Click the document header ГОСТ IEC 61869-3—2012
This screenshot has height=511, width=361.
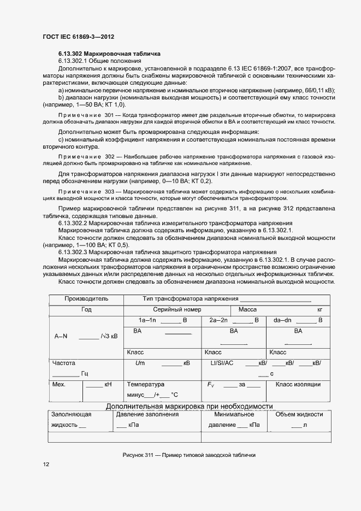(78, 37)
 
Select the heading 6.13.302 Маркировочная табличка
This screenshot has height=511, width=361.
(109, 54)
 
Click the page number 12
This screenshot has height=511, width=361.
(46, 464)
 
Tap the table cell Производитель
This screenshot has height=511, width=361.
(86, 299)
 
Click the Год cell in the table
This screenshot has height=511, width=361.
(86, 309)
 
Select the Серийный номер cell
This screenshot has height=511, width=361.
(176, 309)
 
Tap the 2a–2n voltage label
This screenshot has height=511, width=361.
(218, 320)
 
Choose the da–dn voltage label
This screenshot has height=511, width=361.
(283, 320)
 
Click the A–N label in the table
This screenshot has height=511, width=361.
(61, 337)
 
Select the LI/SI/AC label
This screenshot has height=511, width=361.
(222, 363)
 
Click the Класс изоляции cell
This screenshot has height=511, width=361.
(298, 385)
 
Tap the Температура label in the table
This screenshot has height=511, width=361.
(145, 385)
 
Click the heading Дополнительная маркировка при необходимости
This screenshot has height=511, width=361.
(189, 406)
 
